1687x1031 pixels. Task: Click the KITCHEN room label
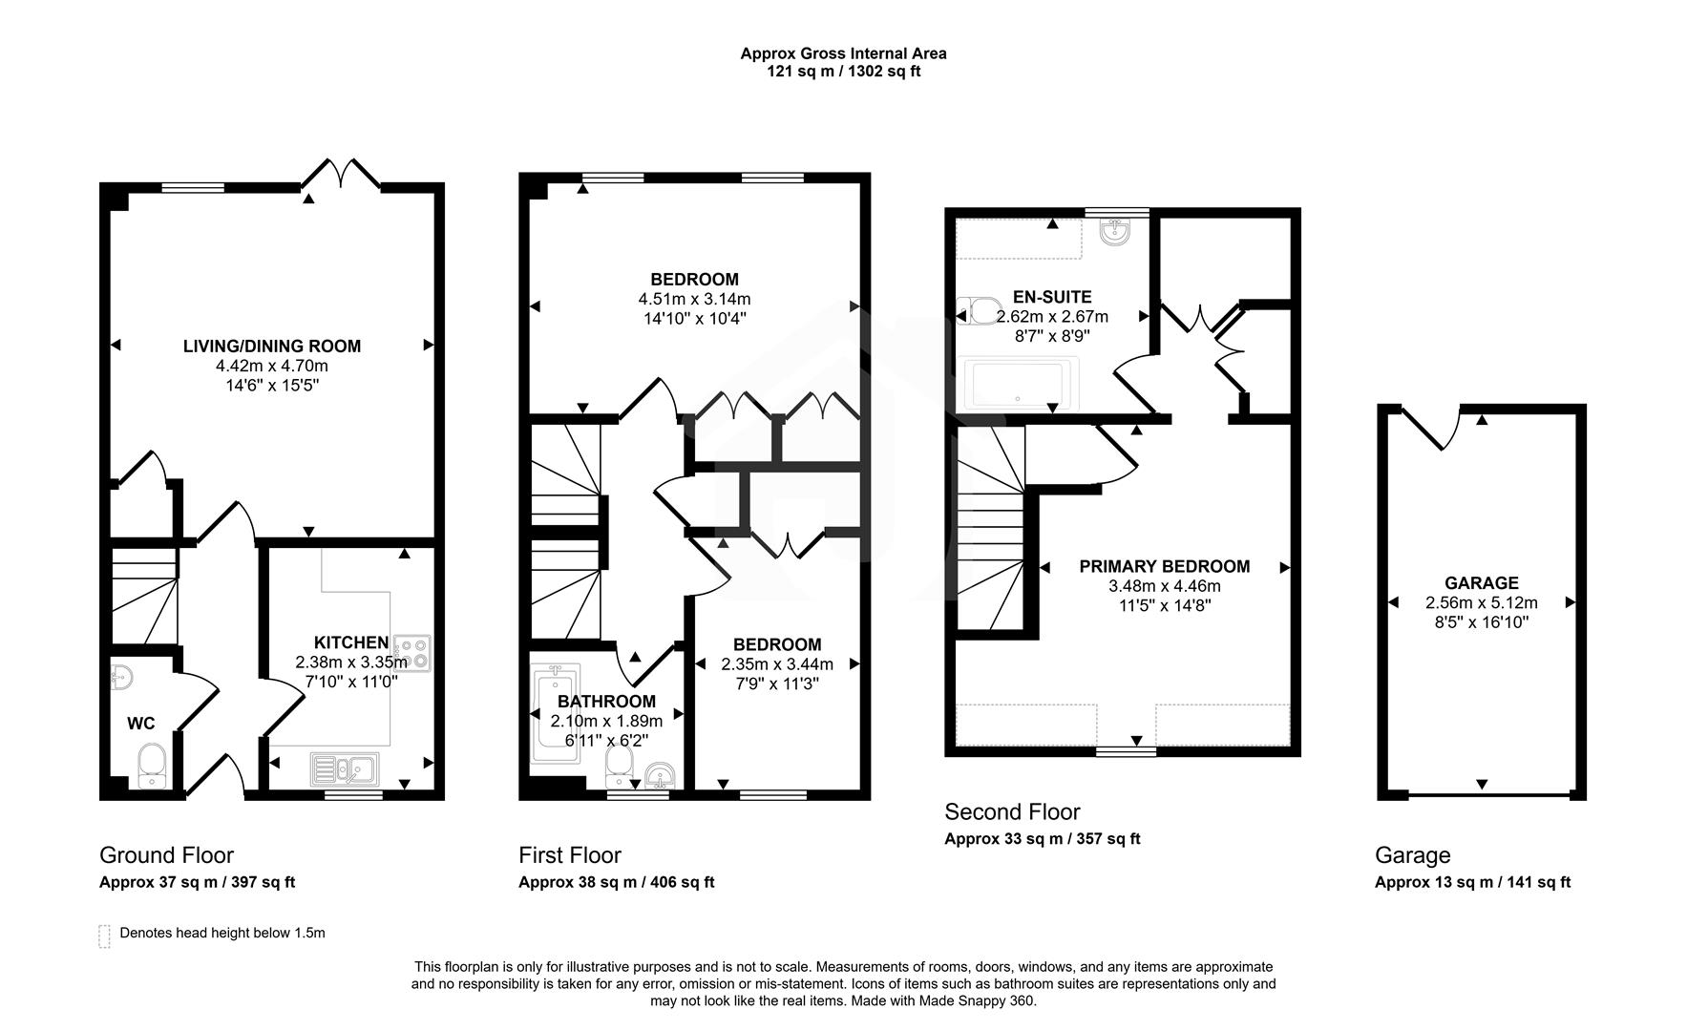point(350,642)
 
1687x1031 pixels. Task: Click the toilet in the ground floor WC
point(152,767)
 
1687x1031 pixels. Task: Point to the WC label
point(141,724)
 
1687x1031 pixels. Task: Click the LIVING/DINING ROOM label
point(272,346)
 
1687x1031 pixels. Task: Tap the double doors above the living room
point(342,174)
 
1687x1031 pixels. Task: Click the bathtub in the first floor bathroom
point(555,713)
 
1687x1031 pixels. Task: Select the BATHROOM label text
point(607,702)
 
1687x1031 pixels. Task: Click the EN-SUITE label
point(1052,297)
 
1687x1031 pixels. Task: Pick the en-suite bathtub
point(1021,385)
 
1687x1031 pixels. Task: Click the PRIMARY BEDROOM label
point(1164,566)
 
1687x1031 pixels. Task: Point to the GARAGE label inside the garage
point(1481,582)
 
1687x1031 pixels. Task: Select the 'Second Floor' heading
point(1012,811)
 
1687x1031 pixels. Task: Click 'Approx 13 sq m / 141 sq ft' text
point(1471,882)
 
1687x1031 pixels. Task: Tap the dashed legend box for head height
point(104,936)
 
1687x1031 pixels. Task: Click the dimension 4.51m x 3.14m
point(694,299)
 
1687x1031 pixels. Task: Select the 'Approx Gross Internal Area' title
point(843,53)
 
